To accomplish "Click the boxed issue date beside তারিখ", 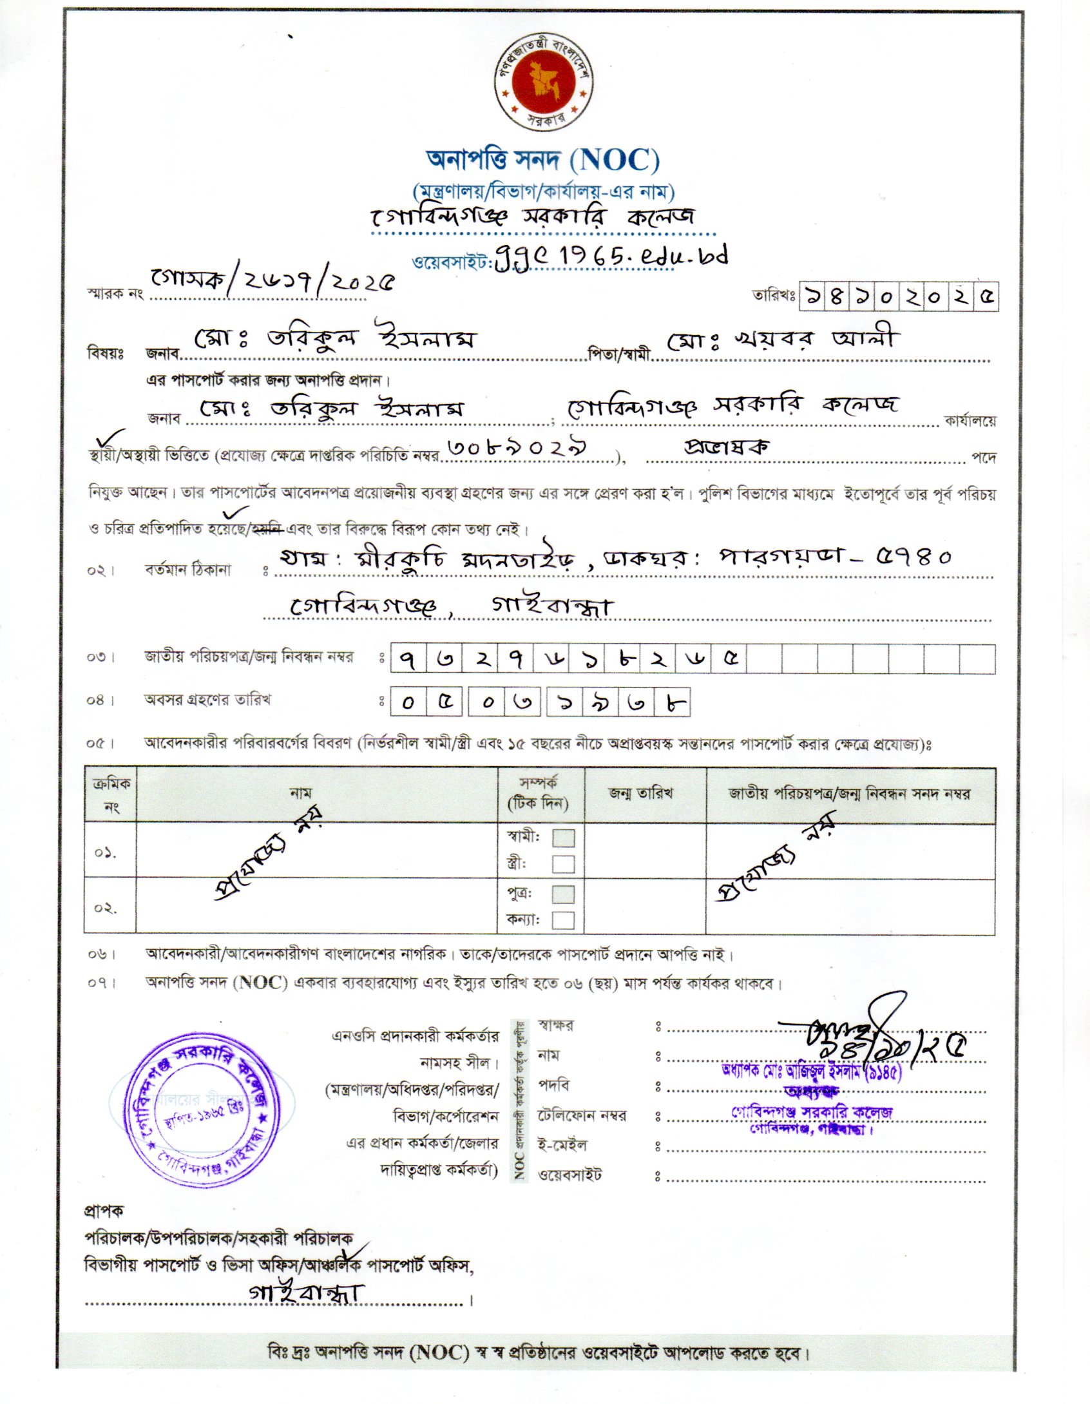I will [x=898, y=297].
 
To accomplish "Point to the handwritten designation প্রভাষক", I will [x=727, y=447].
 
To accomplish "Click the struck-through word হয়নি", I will [x=267, y=530].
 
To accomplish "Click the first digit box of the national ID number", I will [x=408, y=659].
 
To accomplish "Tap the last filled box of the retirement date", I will [x=672, y=702].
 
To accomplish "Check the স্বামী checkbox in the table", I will [x=564, y=838].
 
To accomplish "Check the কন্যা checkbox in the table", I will [x=564, y=919].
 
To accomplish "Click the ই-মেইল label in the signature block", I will [x=562, y=1145].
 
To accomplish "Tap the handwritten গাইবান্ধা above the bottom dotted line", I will [x=307, y=1293].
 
